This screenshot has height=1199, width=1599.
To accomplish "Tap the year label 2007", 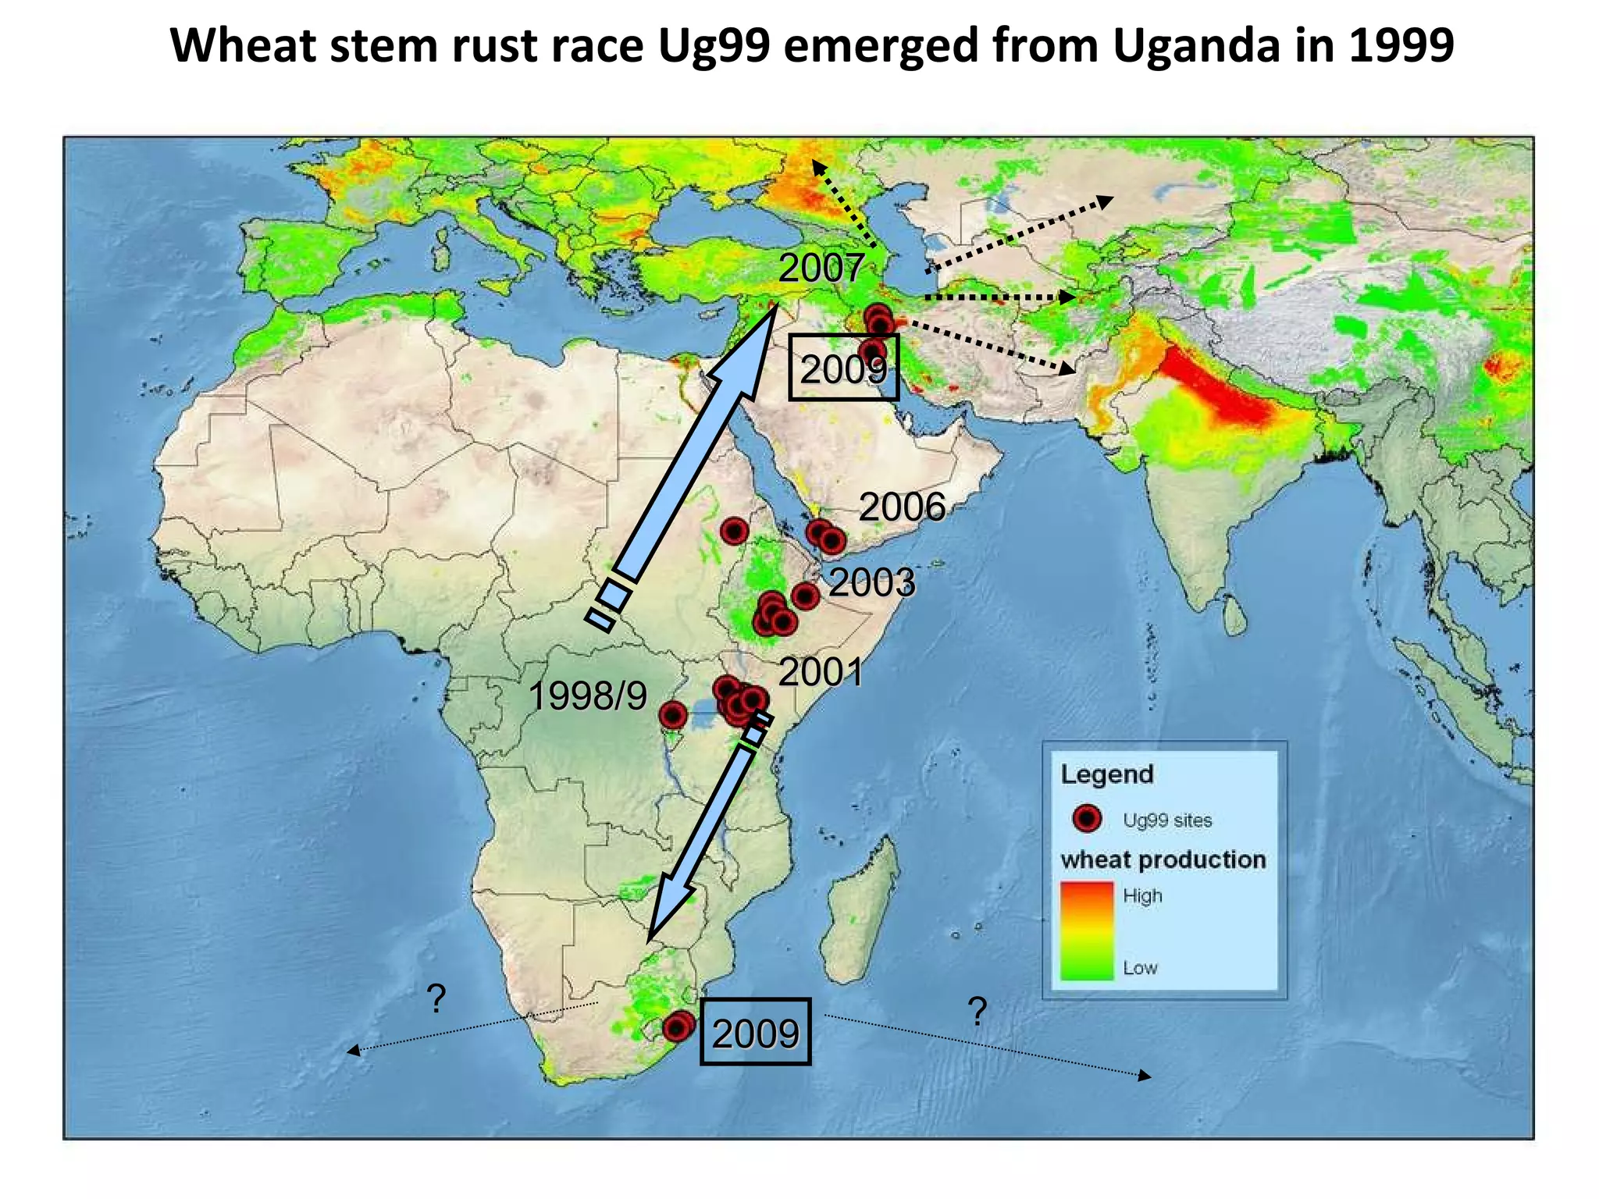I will point(820,268).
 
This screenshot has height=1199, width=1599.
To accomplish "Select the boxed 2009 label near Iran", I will point(843,368).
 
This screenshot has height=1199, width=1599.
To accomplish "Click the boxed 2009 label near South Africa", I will point(755,1033).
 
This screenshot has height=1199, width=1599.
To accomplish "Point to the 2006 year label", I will point(902,507).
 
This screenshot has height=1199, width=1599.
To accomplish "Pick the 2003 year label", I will point(871,582).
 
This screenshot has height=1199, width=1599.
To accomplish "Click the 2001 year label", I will point(820,672).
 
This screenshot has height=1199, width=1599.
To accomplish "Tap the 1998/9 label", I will point(587,696).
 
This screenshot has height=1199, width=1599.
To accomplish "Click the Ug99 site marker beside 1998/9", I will point(673,714).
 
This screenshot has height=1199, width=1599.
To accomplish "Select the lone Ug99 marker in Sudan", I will point(734,532).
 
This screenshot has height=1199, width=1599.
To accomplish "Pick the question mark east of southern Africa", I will point(977,1012).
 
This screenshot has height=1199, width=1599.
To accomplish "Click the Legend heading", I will point(1106,774).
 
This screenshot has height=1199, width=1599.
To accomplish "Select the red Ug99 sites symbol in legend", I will point(1087,818).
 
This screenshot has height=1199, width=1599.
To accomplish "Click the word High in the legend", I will point(1142,896).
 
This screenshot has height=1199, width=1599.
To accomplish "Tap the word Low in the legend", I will point(1140,968).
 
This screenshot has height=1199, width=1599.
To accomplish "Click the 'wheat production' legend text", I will point(1163,859).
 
